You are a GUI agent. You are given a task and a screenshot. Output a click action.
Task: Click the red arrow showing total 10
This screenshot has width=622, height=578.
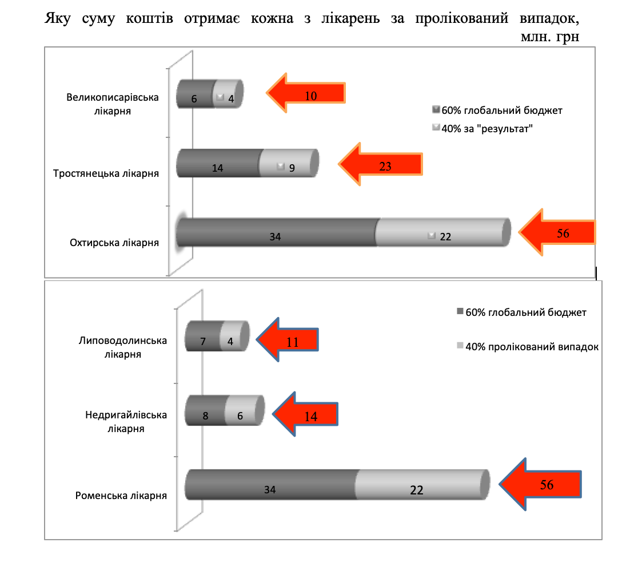[306, 93]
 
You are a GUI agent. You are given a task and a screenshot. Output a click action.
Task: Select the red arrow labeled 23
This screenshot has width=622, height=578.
[380, 164]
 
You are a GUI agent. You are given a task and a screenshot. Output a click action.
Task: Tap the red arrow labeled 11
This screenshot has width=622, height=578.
[288, 339]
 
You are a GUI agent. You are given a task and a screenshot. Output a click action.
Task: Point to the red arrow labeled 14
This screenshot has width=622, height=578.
[305, 414]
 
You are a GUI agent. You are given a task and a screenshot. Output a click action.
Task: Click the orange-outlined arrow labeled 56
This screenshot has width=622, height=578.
[557, 232]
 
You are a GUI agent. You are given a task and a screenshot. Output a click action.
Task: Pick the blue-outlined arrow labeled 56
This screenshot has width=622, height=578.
[540, 484]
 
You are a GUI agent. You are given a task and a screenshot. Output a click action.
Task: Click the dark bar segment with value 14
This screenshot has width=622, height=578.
[218, 163]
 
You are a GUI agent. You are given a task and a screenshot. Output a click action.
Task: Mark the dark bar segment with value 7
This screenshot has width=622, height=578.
[204, 336]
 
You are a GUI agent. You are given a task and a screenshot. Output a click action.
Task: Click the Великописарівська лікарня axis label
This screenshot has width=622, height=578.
[112, 104]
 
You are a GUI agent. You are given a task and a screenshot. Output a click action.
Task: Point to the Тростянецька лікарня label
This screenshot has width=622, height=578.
[106, 173]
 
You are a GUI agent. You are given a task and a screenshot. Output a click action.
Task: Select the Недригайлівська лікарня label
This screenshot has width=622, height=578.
[126, 422]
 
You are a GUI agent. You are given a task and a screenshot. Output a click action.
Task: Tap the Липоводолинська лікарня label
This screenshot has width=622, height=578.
[122, 347]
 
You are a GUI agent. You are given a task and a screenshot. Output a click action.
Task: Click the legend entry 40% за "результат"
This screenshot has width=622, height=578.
[483, 129]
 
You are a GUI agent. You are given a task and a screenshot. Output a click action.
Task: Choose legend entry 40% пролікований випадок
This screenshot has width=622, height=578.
[528, 347]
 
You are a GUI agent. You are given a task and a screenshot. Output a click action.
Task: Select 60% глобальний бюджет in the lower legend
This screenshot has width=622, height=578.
[521, 312]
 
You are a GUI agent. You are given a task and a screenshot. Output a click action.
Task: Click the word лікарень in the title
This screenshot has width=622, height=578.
[350, 18]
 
